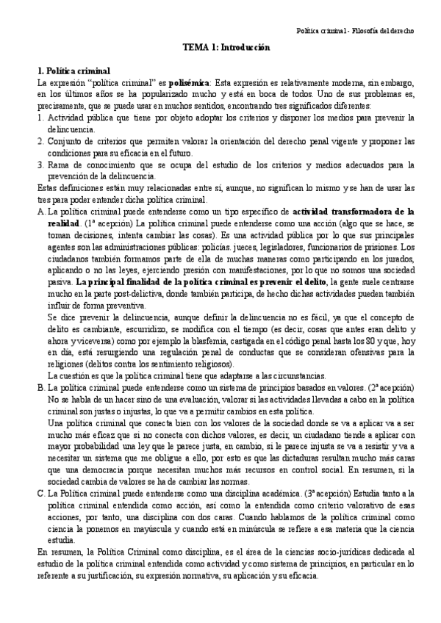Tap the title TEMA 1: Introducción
[226, 47]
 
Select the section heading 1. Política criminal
[73, 71]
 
